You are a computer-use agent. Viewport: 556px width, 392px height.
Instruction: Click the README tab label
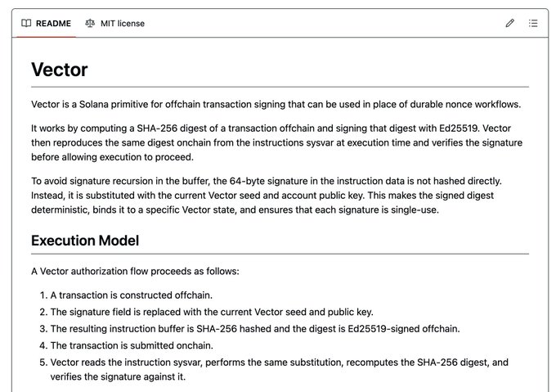[x=53, y=24]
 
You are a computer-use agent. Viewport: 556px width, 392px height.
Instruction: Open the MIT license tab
[x=122, y=24]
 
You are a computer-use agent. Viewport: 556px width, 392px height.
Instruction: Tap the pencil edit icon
[x=510, y=24]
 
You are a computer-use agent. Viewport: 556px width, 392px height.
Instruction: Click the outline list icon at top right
[x=533, y=24]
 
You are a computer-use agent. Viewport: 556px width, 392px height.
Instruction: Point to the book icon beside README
[x=27, y=24]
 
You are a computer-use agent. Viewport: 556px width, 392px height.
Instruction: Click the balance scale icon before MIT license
[x=90, y=24]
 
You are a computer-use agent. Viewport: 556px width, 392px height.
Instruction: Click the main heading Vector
[x=59, y=70]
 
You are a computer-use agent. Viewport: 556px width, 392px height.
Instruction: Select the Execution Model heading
[x=85, y=241]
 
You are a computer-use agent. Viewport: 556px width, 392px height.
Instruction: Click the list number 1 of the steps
[x=43, y=295]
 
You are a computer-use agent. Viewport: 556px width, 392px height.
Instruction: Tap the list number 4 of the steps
[x=43, y=345]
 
